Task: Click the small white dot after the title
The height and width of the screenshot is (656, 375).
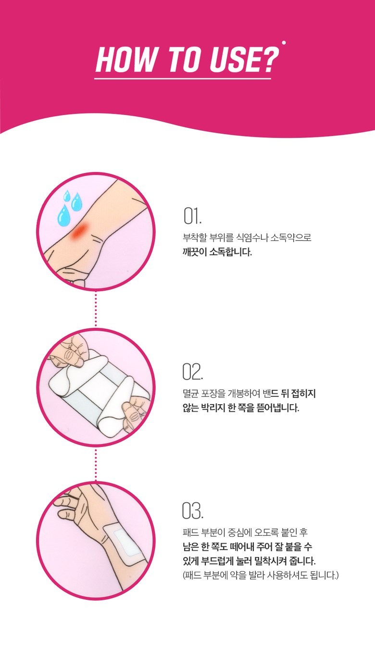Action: (x=284, y=43)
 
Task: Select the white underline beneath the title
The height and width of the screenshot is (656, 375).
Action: (x=183, y=79)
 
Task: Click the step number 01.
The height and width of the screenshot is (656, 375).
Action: (x=192, y=216)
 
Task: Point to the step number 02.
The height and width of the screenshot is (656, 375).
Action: (x=192, y=371)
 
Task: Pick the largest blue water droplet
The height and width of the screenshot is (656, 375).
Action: (x=63, y=215)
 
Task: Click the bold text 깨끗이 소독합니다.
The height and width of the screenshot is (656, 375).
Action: (x=217, y=252)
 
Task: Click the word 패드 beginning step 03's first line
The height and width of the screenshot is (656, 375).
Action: (x=190, y=532)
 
